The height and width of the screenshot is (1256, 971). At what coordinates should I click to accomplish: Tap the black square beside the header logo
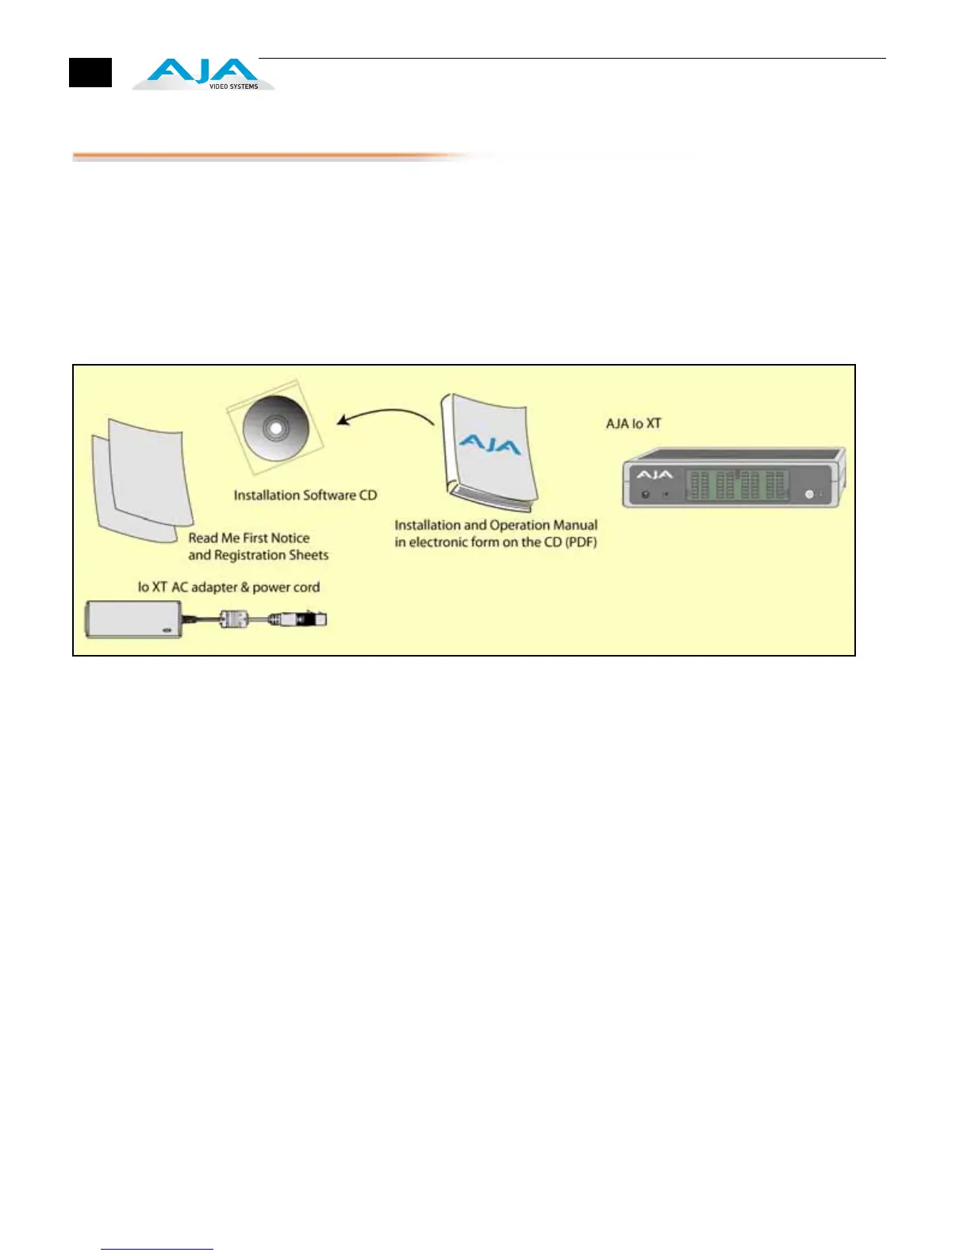(x=90, y=73)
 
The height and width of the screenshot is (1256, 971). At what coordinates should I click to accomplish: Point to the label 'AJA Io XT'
(x=633, y=423)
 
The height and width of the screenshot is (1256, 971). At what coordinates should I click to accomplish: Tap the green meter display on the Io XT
(x=737, y=484)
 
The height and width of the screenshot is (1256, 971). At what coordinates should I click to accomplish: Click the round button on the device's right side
(x=809, y=494)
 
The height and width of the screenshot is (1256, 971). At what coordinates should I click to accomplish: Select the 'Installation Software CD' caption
(x=305, y=496)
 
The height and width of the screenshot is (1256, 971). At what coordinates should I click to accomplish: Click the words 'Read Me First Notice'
(x=249, y=538)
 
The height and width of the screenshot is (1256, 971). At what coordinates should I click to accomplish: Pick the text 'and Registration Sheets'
(x=259, y=555)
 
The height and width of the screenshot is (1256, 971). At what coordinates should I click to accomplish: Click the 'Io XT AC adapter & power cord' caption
(x=228, y=588)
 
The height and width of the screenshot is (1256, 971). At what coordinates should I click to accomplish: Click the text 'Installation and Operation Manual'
(x=496, y=525)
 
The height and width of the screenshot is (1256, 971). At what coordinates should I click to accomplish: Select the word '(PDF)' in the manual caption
(x=581, y=542)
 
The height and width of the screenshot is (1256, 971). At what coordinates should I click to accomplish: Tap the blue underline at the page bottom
(x=157, y=1249)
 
